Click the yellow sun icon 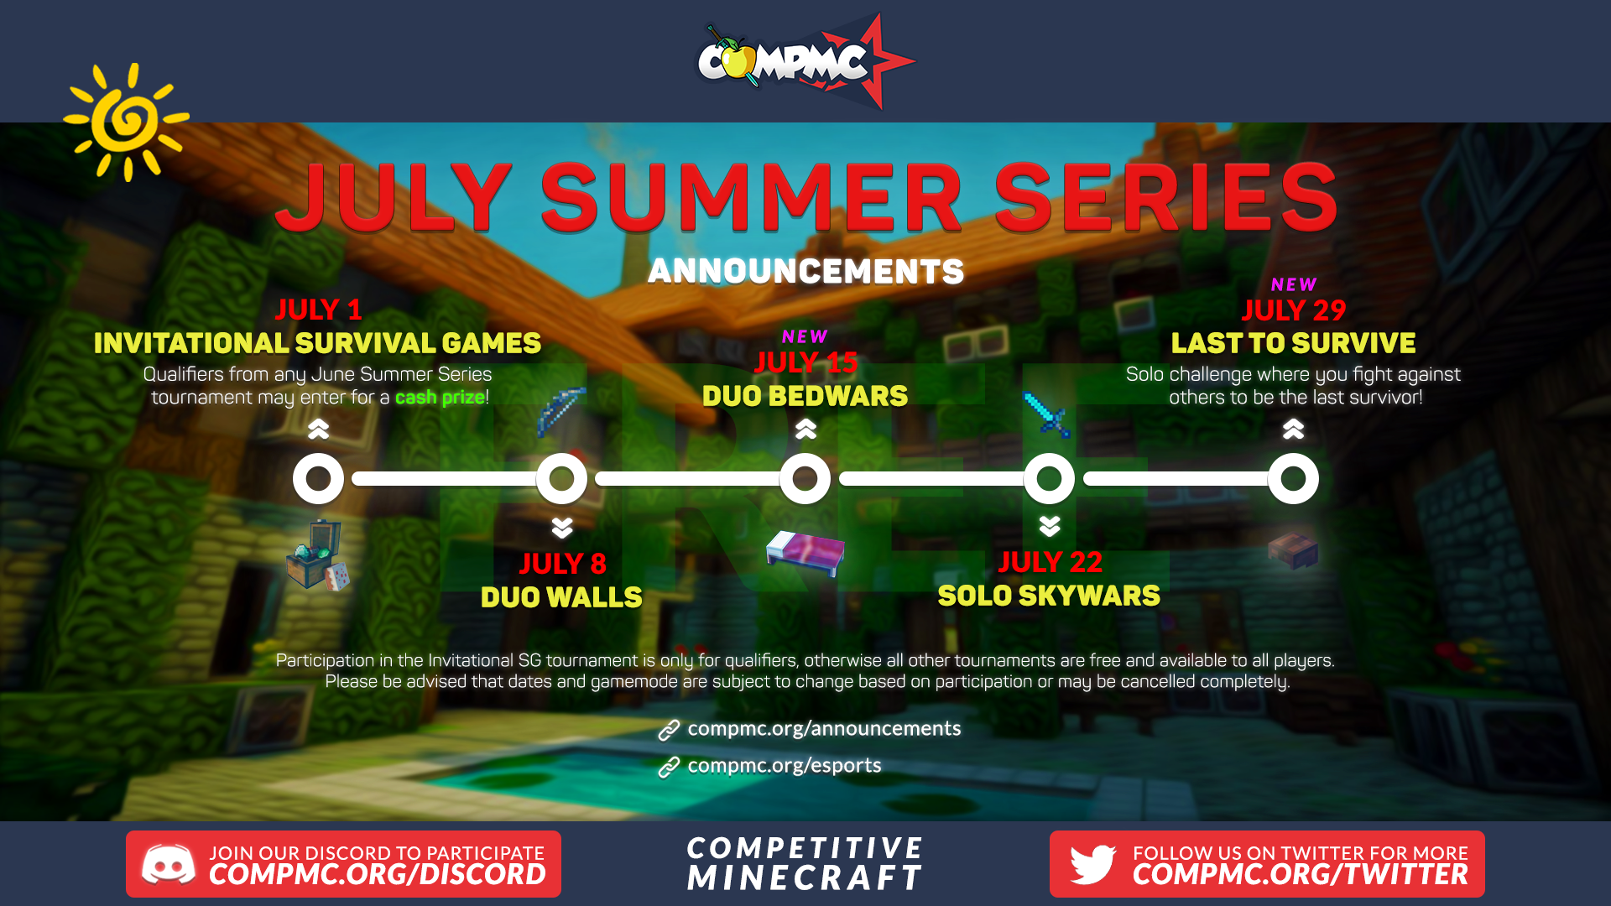[127, 122]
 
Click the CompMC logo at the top [805, 61]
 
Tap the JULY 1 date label [318, 310]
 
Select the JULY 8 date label [562, 564]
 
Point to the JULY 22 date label [1050, 562]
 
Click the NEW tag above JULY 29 [1293, 284]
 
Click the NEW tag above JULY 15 [805, 336]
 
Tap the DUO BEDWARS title [805, 396]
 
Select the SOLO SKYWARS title [1049, 596]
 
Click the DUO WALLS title [561, 597]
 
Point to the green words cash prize [440, 397]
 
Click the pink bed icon [805, 552]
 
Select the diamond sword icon [1047, 414]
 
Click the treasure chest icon [317, 555]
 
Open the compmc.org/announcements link [824, 728]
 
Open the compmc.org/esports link [785, 765]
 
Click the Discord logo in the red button [169, 864]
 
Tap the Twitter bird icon [1092, 864]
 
